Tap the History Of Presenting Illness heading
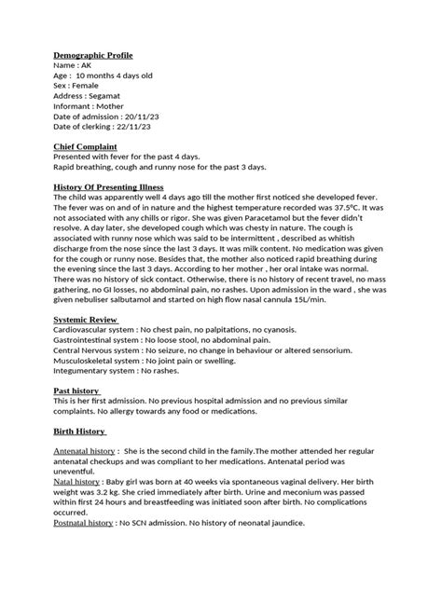click(117, 186)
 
